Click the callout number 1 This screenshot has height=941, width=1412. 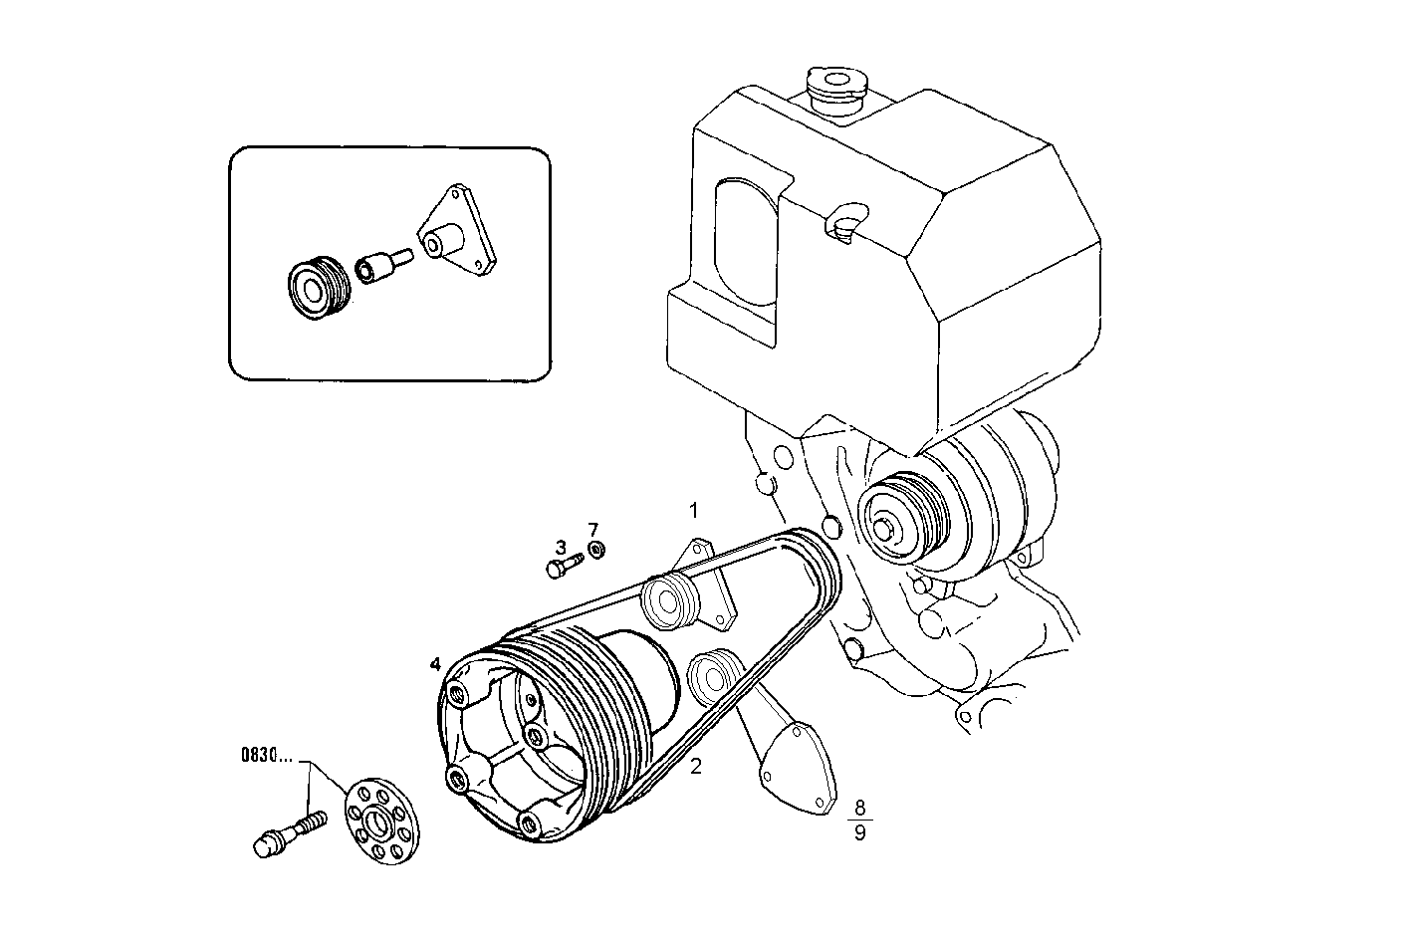694,510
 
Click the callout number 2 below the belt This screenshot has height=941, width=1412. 696,766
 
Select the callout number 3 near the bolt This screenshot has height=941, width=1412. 561,547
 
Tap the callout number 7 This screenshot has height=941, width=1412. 592,529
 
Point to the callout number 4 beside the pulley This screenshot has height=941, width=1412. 434,663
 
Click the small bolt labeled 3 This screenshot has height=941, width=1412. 562,567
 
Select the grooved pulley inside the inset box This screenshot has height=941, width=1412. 315,287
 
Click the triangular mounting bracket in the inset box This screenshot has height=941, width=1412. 457,231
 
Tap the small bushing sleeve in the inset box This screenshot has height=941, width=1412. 381,267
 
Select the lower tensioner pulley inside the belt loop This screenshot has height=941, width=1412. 713,676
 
